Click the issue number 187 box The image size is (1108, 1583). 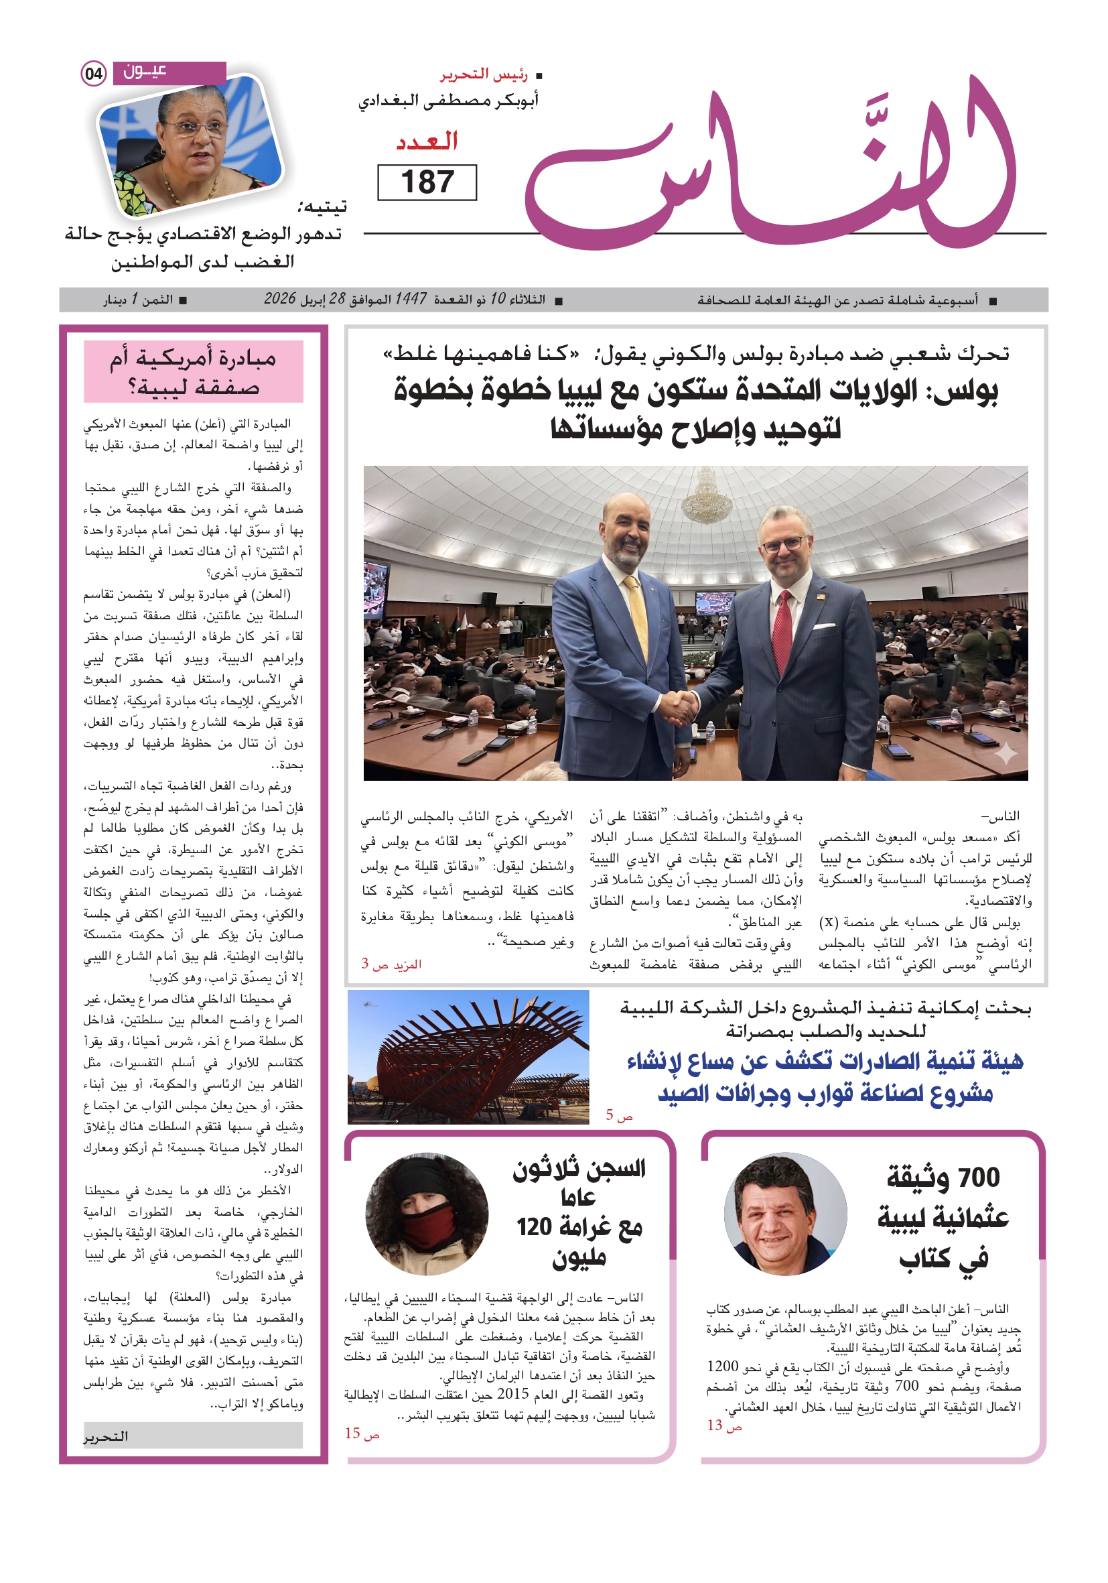coord(427,183)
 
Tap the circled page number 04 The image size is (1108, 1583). coord(94,73)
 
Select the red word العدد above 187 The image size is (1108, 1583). coord(427,141)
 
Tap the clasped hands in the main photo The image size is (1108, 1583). coord(679,706)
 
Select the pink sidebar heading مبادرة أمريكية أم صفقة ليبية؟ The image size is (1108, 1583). coord(193,371)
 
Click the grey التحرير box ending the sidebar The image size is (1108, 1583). coord(193,1436)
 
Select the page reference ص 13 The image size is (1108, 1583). coord(724,1425)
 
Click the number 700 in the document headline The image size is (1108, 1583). coord(979,1178)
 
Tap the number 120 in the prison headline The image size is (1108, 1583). coord(534,1226)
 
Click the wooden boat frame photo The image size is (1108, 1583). coord(468,1056)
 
